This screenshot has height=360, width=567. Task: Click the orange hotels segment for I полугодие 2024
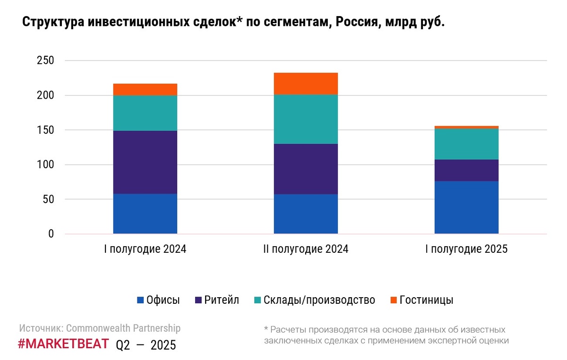click(145, 89)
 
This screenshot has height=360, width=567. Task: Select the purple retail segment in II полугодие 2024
click(306, 169)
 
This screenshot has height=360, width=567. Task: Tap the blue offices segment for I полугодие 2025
click(466, 207)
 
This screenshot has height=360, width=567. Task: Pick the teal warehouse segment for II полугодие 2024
click(306, 119)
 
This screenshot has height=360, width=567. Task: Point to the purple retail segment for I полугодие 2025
click(466, 170)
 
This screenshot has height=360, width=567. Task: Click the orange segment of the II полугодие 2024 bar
click(306, 84)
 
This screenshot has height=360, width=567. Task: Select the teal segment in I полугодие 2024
click(145, 113)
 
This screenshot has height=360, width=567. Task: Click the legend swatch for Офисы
click(140, 300)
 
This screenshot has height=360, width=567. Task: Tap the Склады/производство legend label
click(319, 300)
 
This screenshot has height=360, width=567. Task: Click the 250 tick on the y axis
click(45, 61)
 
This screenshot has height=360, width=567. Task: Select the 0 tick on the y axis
click(51, 234)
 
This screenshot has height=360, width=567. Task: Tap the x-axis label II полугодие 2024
click(306, 249)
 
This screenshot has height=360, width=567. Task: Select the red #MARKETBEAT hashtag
click(63, 344)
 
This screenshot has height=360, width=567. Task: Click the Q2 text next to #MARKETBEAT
click(123, 345)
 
